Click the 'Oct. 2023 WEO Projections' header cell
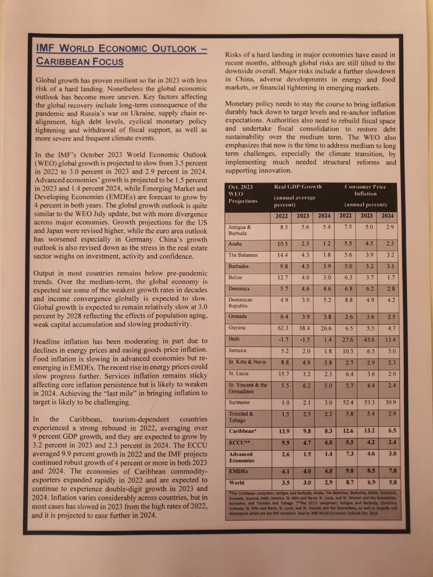click(x=241, y=194)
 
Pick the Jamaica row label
click(x=237, y=350)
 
